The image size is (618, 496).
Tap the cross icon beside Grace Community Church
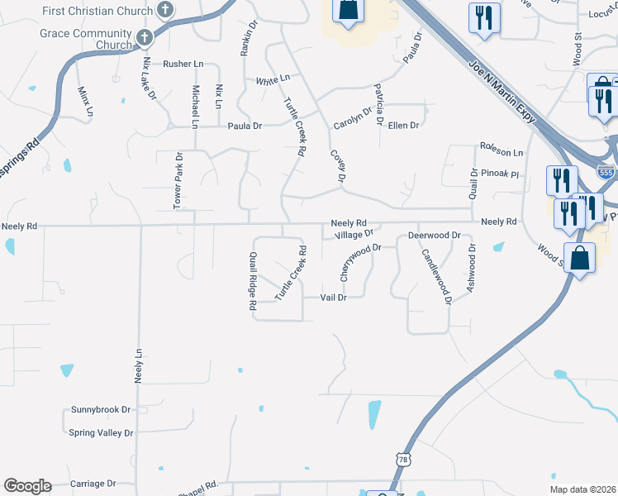(146, 36)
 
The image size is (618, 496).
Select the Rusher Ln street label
(183, 64)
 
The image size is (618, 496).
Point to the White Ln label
(273, 80)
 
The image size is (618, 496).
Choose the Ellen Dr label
(403, 126)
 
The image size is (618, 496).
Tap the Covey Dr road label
(337, 165)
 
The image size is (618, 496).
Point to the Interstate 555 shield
(605, 172)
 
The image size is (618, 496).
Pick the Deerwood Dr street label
(434, 236)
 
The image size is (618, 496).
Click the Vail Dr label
(332, 298)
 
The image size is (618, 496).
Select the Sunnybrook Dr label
(102, 409)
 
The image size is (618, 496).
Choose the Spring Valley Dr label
(101, 432)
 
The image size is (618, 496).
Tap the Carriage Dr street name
(93, 483)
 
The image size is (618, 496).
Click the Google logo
(27, 486)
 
